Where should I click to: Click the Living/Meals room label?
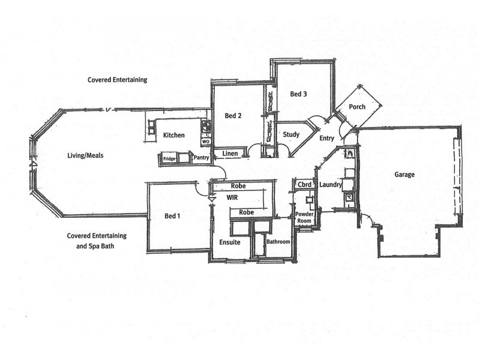(x=85, y=155)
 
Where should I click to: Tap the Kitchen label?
(x=173, y=136)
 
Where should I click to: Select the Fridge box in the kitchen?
(x=169, y=159)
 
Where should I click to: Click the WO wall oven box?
(x=205, y=142)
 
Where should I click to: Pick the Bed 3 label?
(x=299, y=94)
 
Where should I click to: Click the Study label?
(x=291, y=134)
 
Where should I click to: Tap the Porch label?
(x=358, y=107)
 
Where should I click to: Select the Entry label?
(x=327, y=139)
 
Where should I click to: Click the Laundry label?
(x=330, y=185)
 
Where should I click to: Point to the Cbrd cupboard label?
(x=304, y=185)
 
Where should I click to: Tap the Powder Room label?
(x=305, y=217)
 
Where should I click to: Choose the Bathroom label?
(x=278, y=241)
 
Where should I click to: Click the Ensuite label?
(x=229, y=242)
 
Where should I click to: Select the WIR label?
(x=233, y=197)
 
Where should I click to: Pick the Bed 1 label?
(x=173, y=216)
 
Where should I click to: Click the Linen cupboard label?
(x=230, y=154)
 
